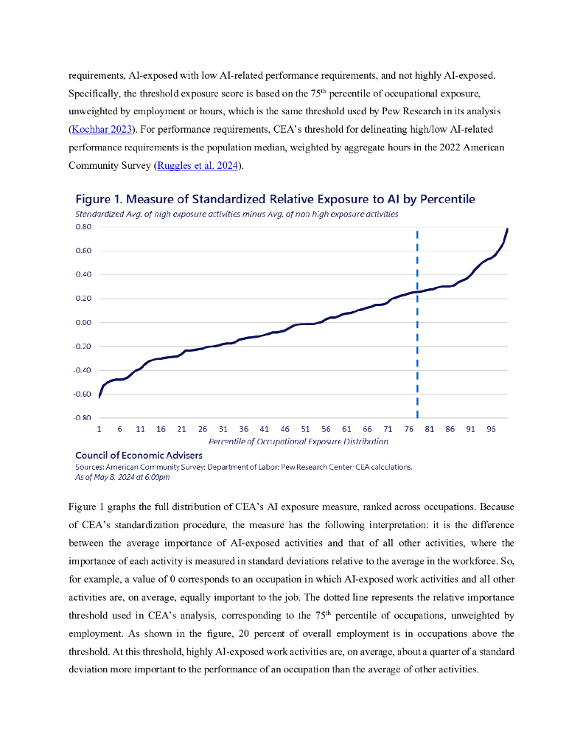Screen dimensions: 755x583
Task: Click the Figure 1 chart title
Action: pos(275,199)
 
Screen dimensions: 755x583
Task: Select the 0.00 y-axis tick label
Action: pos(83,323)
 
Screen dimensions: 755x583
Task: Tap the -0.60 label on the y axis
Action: pos(83,394)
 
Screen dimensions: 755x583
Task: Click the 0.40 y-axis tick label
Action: pos(83,275)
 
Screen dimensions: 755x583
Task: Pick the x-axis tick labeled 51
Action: pos(305,428)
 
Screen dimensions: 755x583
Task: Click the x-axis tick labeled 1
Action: pos(100,428)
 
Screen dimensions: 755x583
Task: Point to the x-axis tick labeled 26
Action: pos(202,428)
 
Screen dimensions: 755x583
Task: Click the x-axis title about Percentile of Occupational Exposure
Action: pos(298,441)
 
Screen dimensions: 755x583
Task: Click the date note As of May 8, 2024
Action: pos(122,477)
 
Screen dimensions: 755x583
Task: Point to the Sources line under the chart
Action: pos(244,467)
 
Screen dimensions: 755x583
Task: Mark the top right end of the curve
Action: pos(507,229)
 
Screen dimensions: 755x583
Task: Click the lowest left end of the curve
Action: pos(100,397)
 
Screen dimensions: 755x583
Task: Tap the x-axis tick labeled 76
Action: pos(408,428)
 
